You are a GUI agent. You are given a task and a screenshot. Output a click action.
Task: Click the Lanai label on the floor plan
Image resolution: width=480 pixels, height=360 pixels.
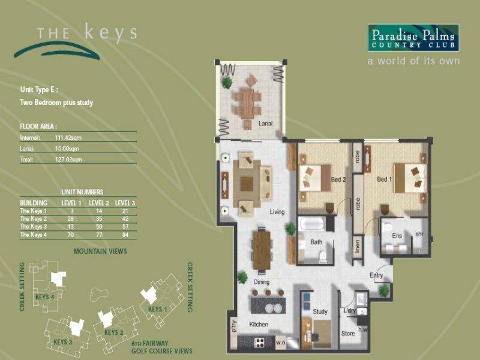[265, 123]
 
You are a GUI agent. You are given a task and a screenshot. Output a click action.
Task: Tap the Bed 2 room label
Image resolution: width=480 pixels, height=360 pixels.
[339, 178]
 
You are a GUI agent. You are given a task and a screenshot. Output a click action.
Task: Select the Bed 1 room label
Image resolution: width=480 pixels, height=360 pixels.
[385, 178]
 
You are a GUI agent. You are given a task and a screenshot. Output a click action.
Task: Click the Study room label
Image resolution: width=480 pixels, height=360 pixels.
[320, 311]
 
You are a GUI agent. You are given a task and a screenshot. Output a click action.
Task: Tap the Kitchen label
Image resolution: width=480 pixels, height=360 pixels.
[259, 324]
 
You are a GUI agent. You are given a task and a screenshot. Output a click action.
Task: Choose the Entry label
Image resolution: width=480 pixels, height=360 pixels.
[376, 275]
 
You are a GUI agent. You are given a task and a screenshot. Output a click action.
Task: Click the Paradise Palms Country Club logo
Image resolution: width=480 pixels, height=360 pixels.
[413, 38]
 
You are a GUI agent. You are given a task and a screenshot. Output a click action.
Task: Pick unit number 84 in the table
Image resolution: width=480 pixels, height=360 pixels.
[125, 235]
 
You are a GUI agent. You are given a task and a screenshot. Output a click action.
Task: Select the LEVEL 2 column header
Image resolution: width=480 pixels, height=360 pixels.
[99, 203]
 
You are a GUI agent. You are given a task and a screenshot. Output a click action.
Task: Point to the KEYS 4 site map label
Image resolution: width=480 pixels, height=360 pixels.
[45, 297]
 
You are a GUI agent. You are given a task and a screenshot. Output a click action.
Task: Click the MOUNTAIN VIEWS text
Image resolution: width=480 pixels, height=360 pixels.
[100, 251]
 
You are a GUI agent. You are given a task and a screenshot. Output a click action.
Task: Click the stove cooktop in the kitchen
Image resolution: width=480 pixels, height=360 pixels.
[261, 343]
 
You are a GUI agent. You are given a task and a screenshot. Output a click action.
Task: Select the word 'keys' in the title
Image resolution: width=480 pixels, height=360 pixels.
[110, 32]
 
